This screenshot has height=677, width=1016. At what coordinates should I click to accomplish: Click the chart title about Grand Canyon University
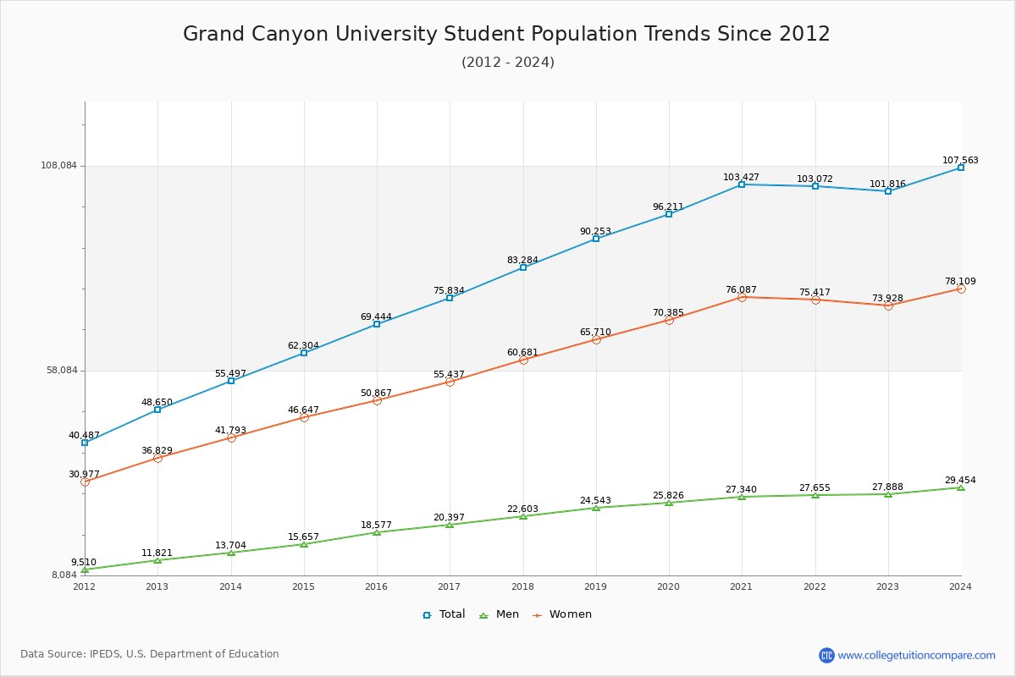tap(506, 34)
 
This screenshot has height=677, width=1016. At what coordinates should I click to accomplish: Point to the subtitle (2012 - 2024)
tap(508, 63)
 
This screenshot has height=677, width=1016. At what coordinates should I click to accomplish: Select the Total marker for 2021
tap(742, 184)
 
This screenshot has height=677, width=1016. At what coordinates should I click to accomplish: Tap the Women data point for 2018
tap(523, 361)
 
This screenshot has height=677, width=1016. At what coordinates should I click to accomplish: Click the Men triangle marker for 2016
tap(377, 532)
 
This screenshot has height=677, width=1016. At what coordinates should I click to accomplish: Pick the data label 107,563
tap(960, 161)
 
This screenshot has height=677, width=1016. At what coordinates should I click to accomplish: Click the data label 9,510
tap(83, 563)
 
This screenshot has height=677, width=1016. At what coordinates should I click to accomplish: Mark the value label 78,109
tap(960, 282)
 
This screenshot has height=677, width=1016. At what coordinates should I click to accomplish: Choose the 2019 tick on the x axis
tap(596, 586)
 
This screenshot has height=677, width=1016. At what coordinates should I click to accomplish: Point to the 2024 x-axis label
tap(960, 586)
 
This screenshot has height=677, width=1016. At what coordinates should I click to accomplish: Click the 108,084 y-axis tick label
tap(58, 166)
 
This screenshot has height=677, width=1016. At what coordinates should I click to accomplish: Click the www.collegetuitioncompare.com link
tap(916, 655)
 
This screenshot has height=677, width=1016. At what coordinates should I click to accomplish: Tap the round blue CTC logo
tap(826, 655)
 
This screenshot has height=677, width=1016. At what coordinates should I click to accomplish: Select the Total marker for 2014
tap(231, 381)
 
